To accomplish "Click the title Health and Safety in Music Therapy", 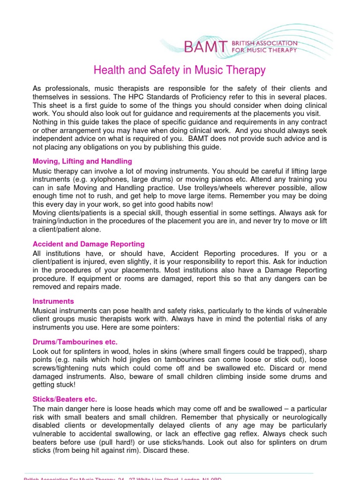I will pos(180,70).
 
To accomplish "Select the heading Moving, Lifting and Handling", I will pos(82,161).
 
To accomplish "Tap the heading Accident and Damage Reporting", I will pos(89,244).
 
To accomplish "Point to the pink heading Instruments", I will pos(53,301).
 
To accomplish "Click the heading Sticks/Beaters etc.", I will pos(65,399).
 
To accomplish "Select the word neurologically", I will pos(304,418).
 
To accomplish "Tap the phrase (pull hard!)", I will pos(120,442).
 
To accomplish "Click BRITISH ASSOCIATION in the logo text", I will pos(270,43).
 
